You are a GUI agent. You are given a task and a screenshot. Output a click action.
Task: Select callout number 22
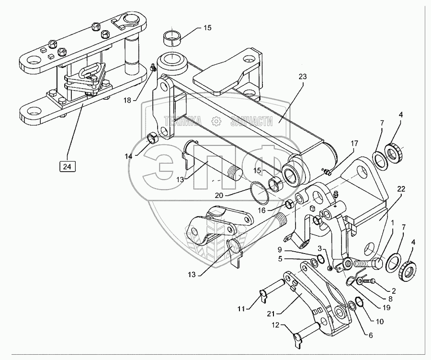[400, 190]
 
